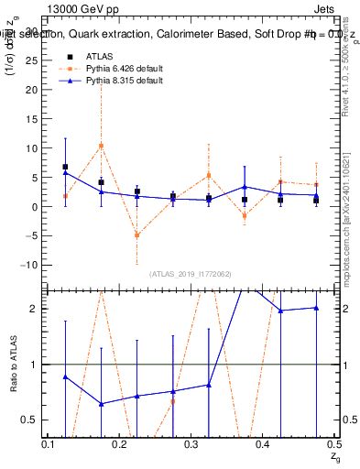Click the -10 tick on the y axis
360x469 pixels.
(29, 265)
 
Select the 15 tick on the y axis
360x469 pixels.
(32, 118)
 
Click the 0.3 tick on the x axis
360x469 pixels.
(192, 442)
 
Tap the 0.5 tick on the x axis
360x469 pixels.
(333, 442)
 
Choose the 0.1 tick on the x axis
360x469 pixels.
(49, 442)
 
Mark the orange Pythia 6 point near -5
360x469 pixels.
(136, 235)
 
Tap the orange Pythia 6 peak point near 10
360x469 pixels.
(101, 146)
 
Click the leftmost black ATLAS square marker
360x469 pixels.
(65, 167)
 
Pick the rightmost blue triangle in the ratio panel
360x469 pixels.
(316, 308)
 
